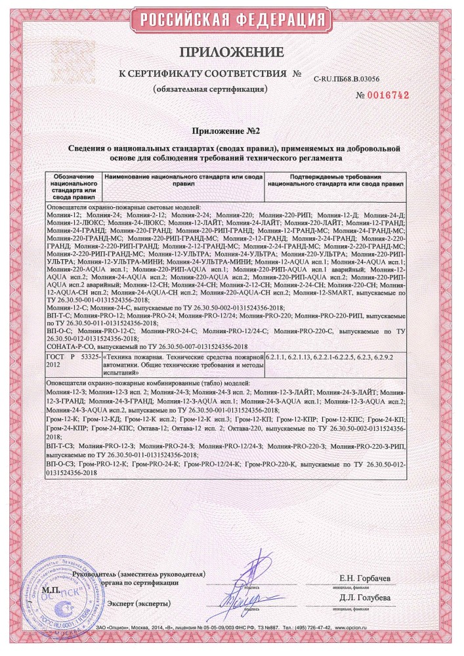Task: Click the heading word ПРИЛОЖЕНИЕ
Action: click(x=232, y=52)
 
